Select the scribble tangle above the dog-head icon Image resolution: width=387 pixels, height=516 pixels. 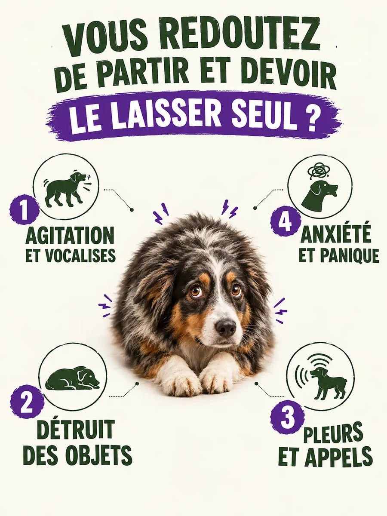[x=319, y=170]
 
